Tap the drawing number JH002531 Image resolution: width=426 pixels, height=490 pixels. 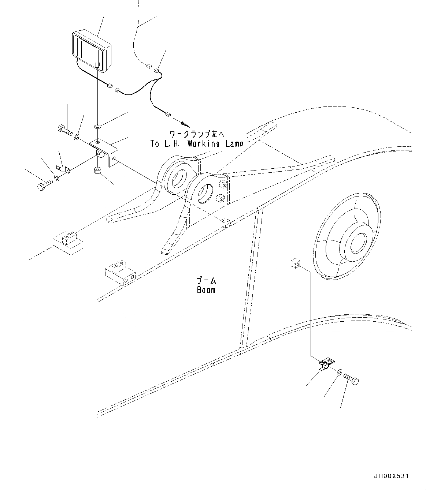point(391,476)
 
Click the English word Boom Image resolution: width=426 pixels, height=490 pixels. point(206,290)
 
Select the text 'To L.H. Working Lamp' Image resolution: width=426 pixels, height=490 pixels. point(197,144)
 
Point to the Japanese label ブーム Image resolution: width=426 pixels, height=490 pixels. point(206,281)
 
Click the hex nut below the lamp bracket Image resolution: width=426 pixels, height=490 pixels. point(98,171)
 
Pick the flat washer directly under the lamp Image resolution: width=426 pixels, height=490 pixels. point(97,126)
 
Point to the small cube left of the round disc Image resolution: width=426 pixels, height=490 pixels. point(296,263)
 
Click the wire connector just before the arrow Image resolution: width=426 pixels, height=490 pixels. point(168,115)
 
